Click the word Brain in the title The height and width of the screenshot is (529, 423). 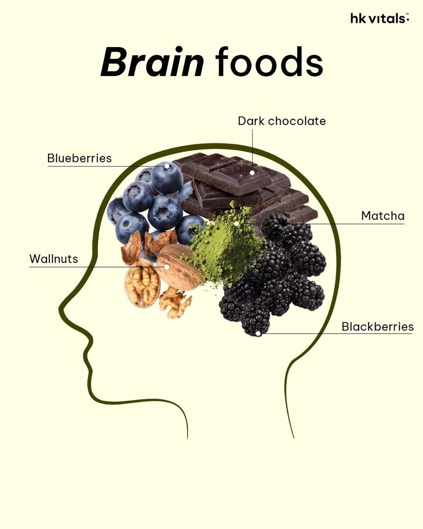[152, 62]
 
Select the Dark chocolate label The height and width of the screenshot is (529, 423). [282, 121]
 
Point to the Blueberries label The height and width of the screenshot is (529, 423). [79, 158]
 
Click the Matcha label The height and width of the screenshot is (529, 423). [382, 216]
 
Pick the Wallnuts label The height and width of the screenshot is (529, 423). [54, 259]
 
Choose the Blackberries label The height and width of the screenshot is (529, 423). [377, 327]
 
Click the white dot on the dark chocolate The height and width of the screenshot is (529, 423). [252, 172]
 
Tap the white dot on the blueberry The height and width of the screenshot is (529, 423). [166, 166]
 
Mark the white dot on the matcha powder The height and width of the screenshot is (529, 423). [236, 223]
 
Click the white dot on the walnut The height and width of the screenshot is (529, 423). [166, 266]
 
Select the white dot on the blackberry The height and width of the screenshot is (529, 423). [258, 334]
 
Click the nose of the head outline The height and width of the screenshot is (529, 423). [61, 309]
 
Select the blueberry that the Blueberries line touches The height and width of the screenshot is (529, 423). [166, 177]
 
